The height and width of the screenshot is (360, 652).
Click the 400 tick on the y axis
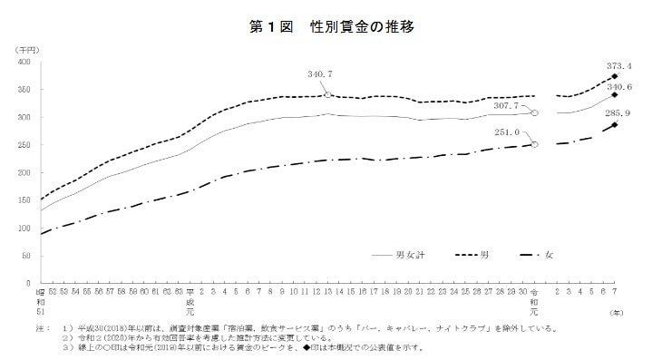[x=24, y=63]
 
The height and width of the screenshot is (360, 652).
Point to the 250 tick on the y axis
[x=24, y=145]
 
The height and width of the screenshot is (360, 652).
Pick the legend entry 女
[x=550, y=257]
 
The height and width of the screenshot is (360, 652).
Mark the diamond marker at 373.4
[x=615, y=76]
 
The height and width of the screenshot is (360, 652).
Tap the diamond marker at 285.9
[x=615, y=124]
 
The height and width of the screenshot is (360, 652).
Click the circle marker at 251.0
[x=535, y=144]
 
